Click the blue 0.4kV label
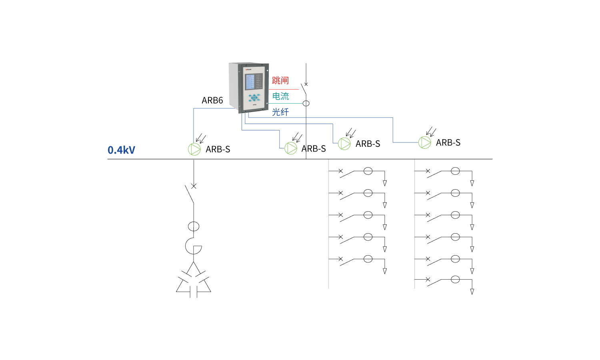(x=121, y=150)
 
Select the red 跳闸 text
(x=280, y=81)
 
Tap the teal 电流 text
(x=280, y=96)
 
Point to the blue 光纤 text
(x=280, y=112)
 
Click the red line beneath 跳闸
(x=285, y=89)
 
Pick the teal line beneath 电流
(x=286, y=103)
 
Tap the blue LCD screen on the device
(x=250, y=82)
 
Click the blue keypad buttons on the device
(x=254, y=97)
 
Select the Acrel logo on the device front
(x=248, y=69)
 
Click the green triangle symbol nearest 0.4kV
(x=194, y=149)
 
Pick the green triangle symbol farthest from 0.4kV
(x=425, y=142)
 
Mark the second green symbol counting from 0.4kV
(x=291, y=148)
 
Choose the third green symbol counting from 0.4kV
(x=344, y=144)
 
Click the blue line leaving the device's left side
(x=194, y=124)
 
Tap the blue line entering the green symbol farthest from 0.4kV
(x=404, y=142)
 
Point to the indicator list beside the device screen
(x=259, y=81)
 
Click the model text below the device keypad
(x=254, y=105)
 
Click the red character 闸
(x=284, y=81)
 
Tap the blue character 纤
(x=284, y=112)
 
